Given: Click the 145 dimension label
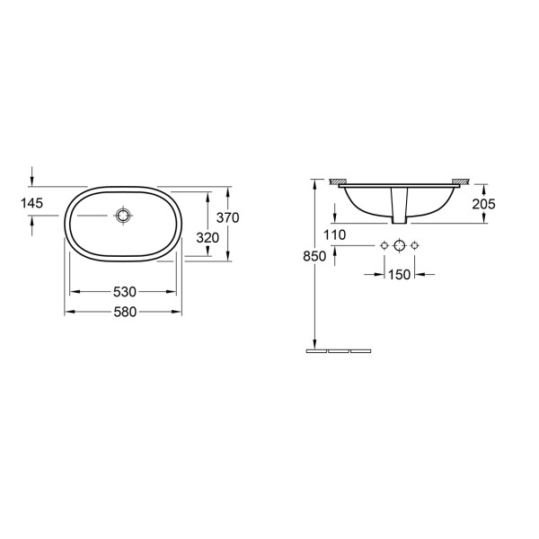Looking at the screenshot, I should click(31, 203).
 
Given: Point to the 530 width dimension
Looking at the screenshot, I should click(124, 292).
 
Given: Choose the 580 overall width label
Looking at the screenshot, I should click(124, 312).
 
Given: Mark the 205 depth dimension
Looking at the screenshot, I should click(483, 203).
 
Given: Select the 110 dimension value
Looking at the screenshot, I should click(334, 234).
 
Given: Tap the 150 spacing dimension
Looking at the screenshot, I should click(401, 273).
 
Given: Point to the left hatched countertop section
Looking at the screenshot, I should click(340, 182).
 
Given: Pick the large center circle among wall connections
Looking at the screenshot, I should click(401, 245).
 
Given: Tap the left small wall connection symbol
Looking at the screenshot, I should click(385, 245).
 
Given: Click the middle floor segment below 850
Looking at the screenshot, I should click(339, 350).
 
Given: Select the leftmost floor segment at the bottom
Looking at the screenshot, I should click(317, 350).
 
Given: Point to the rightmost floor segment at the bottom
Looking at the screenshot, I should click(360, 350).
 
